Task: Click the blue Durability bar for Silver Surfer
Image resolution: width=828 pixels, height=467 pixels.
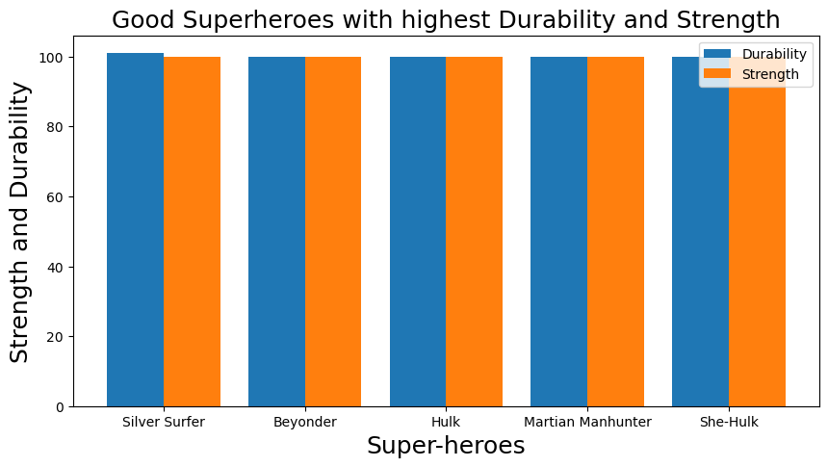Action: (135, 231)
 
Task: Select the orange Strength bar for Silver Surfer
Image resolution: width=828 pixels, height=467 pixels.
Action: (192, 231)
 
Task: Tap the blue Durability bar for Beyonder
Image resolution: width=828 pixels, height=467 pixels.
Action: (276, 231)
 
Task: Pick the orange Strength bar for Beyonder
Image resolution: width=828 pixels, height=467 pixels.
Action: (333, 231)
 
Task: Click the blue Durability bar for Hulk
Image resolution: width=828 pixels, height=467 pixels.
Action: (418, 231)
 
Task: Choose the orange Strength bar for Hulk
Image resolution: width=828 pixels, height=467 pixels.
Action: (475, 231)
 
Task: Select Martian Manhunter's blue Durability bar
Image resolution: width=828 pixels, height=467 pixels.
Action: (558, 231)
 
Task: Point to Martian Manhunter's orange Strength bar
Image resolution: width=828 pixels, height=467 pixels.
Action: (615, 231)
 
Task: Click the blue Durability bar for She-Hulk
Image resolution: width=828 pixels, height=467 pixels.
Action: (700, 231)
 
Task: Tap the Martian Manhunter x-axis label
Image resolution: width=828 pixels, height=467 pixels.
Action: (587, 423)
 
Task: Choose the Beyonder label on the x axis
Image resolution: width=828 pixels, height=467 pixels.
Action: (304, 423)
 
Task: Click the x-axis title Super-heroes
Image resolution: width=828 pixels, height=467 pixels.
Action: (446, 446)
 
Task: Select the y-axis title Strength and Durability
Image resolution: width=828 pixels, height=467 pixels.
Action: (20, 222)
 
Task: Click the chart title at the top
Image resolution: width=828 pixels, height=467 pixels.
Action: (446, 19)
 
